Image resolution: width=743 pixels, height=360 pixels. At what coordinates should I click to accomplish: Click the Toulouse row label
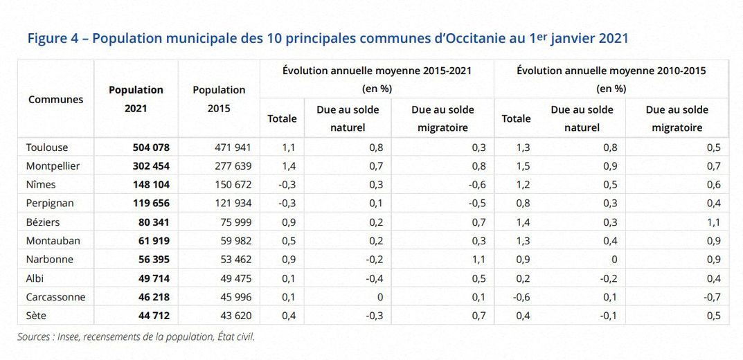coord(47,147)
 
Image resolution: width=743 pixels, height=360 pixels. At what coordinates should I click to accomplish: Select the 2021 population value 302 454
coord(151,166)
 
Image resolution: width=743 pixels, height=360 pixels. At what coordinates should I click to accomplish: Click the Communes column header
coord(55,99)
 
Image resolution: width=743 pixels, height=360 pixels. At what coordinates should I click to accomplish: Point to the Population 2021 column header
coord(136,98)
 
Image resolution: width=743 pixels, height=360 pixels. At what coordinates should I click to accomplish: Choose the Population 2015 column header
coord(219,98)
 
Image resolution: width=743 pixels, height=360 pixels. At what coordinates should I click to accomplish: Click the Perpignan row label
coord(50,204)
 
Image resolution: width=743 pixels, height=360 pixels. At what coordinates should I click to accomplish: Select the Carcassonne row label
coord(55,297)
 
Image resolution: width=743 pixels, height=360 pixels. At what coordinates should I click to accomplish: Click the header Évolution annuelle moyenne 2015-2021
coord(377,70)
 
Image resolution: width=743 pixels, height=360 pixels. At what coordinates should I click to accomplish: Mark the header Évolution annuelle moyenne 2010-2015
coord(611,70)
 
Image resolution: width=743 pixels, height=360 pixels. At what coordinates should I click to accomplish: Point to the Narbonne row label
coord(50,260)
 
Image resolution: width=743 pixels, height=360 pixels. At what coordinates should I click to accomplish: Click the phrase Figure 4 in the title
coord(53,39)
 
